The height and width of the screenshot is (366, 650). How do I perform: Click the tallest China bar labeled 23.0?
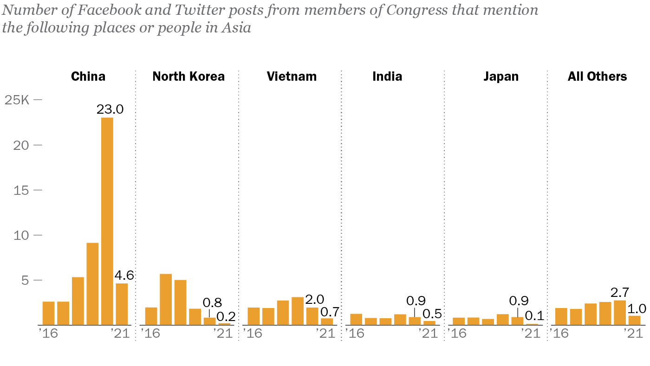(107, 221)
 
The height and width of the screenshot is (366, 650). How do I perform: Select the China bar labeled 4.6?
(122, 304)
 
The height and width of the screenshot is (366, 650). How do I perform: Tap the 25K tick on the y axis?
(17, 100)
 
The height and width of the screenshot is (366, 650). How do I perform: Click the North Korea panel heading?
(188, 77)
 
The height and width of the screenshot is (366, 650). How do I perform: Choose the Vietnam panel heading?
(292, 77)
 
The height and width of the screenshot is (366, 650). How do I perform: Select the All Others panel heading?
(597, 77)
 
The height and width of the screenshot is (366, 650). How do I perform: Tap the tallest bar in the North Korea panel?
(166, 300)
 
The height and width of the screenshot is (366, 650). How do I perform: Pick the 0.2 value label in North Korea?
(226, 317)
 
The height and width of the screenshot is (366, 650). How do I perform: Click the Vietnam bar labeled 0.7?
(327, 321)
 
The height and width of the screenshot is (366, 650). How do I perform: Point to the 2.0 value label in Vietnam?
(315, 299)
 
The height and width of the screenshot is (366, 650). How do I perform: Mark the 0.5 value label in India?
(432, 314)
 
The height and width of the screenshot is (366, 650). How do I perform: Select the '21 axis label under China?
(120, 333)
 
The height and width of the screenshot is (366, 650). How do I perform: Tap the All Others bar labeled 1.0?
(634, 320)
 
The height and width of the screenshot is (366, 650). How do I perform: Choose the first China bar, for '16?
(49, 313)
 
